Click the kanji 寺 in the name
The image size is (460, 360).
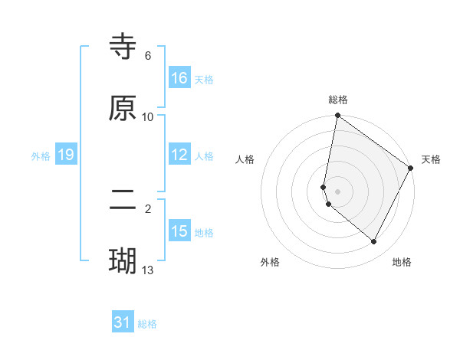123,47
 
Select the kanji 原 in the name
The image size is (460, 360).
123,108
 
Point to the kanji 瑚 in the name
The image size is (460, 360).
123,260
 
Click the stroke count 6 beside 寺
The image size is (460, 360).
148,56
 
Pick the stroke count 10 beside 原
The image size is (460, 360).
148,117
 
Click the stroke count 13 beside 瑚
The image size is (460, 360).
148,270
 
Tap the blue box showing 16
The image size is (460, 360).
179,78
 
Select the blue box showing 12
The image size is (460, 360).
179,155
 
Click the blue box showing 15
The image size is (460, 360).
179,231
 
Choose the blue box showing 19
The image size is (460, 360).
66,155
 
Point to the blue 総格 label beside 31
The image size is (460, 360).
147,324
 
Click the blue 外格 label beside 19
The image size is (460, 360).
41,156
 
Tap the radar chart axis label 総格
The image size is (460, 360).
338,100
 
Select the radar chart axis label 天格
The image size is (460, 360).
431,159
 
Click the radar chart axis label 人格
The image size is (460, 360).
245,159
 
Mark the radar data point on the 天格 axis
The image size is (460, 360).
411,168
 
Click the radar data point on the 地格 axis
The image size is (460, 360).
374,241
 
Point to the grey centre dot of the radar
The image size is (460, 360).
338,191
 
